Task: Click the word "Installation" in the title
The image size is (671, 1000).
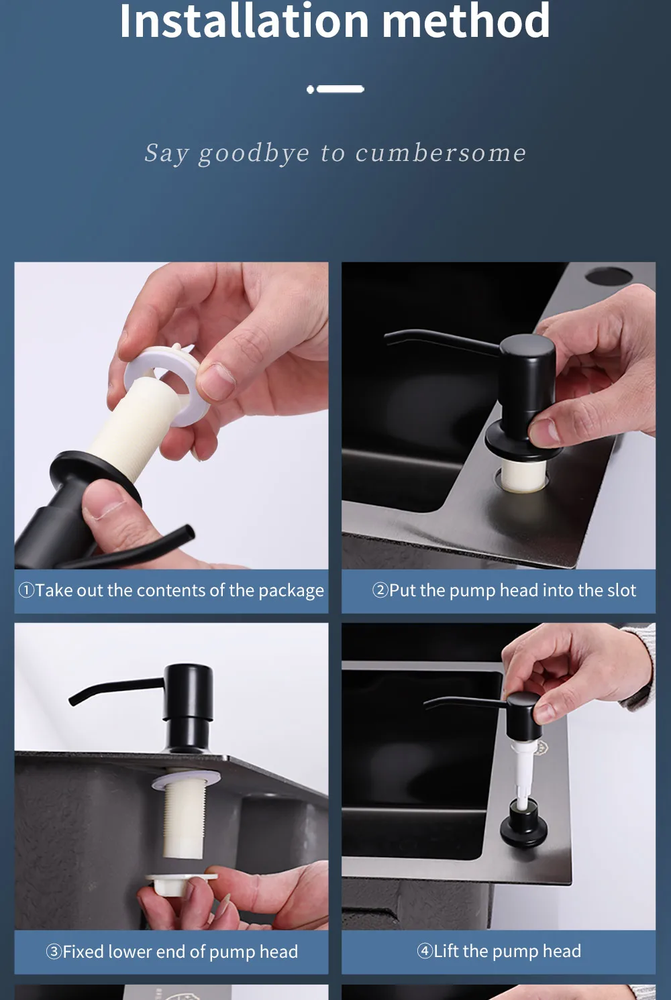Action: click(x=244, y=19)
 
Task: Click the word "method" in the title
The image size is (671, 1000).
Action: click(x=466, y=19)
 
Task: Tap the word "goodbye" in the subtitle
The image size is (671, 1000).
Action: click(x=254, y=154)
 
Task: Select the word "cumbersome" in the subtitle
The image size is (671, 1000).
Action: click(x=440, y=153)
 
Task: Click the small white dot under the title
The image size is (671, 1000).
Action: click(x=311, y=90)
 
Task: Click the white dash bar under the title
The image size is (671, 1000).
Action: click(x=340, y=89)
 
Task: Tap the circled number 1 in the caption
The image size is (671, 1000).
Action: click(x=26, y=590)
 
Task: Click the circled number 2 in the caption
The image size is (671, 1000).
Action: click(x=380, y=590)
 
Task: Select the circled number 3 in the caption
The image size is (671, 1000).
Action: click(x=54, y=951)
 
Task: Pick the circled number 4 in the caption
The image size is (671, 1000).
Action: click(x=424, y=951)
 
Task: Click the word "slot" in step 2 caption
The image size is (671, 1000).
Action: click(x=621, y=590)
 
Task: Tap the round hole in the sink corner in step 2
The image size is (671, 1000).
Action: click(x=609, y=276)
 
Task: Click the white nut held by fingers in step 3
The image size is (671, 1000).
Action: click(x=180, y=885)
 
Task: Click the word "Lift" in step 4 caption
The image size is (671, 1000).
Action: click(x=447, y=951)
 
